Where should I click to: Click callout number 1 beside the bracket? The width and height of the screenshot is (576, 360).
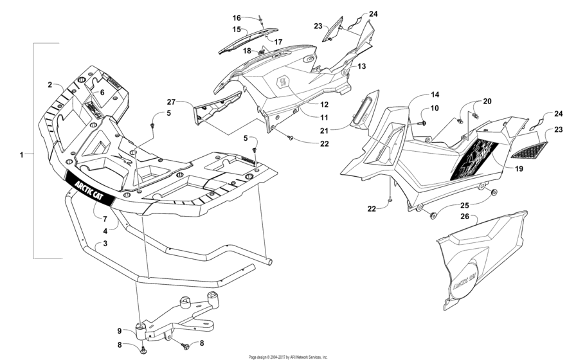click(21, 154)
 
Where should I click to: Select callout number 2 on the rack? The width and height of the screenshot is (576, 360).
click(49, 85)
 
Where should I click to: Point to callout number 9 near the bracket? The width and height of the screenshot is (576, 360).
click(119, 332)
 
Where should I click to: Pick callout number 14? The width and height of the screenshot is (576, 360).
click(417, 94)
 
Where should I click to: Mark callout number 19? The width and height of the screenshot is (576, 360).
click(519, 168)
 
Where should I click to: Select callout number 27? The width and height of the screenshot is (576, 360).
click(171, 102)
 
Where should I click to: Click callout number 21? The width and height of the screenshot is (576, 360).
click(343, 130)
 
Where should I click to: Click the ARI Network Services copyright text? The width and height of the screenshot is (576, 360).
click(287, 356)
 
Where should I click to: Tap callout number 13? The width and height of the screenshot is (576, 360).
click(361, 66)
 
